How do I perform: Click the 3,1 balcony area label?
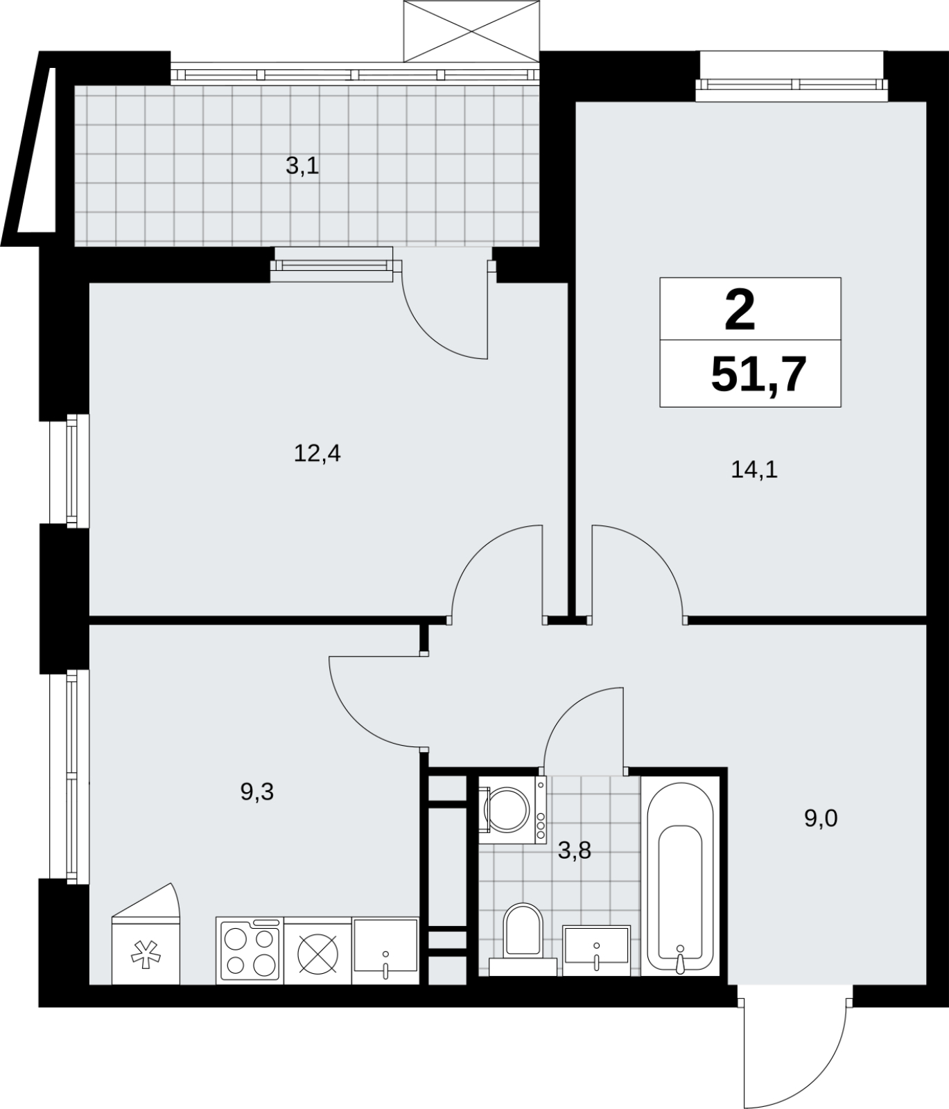[302, 166]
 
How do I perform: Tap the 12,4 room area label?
[317, 455]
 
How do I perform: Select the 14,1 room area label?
[754, 471]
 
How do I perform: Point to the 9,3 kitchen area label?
[257, 792]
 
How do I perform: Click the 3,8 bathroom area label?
[575, 850]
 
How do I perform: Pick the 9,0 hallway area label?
[821, 819]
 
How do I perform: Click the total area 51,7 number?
[759, 375]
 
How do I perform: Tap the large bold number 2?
[740, 311]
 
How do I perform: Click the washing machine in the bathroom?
[512, 810]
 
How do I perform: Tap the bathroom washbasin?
[596, 950]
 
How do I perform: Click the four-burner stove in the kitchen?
[250, 950]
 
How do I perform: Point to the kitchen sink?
[385, 950]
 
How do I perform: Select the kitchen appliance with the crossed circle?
[318, 950]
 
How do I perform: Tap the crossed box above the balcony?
[470, 31]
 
